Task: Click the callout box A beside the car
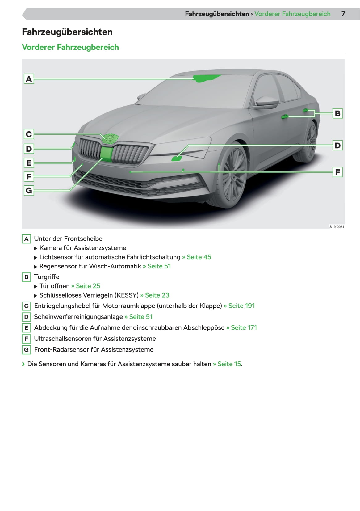pos(29,79)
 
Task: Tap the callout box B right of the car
pos(337,113)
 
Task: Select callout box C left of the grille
pos(29,134)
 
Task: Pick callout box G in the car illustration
pos(29,190)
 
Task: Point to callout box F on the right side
pos(337,172)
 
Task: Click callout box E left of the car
pos(29,163)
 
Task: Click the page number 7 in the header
pos(343,14)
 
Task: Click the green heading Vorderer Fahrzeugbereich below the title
pos(70,47)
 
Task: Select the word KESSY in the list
pos(127,295)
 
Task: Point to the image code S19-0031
pos(337,227)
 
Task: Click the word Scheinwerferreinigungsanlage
pos(78,317)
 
